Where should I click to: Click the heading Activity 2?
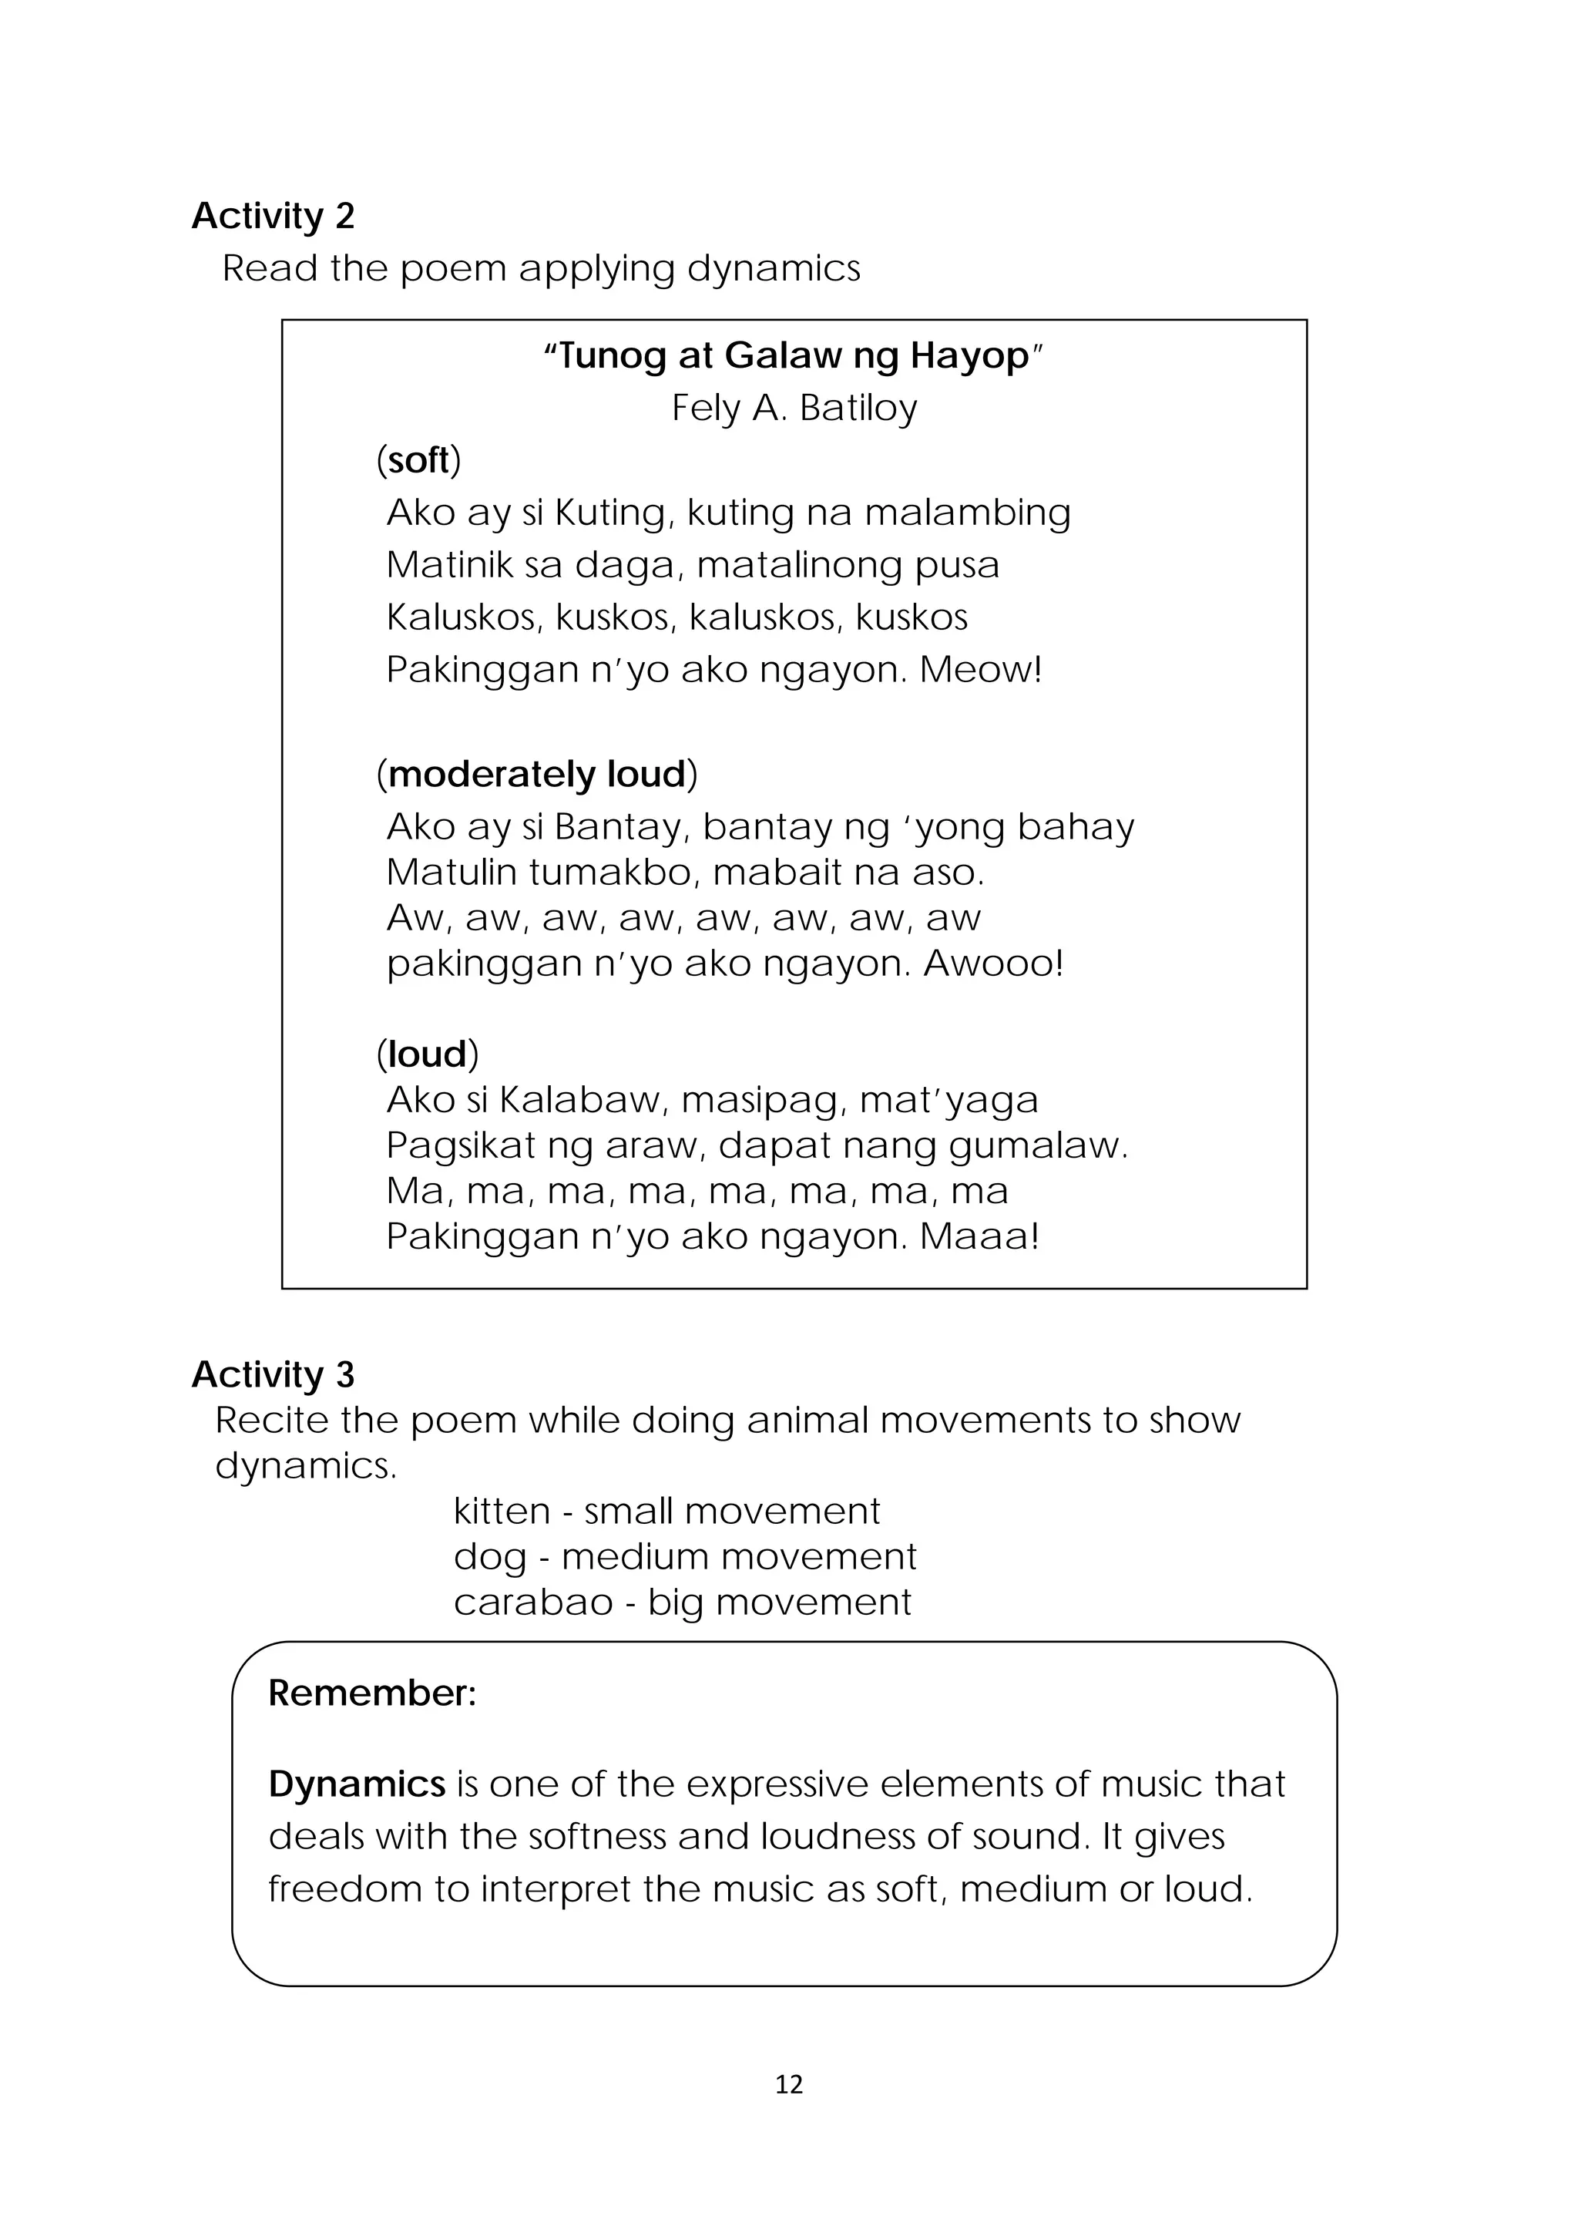pos(274,216)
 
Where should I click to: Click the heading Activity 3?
pos(274,1374)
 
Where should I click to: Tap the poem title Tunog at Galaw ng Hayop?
pos(794,356)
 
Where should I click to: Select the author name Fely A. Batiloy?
pos(794,408)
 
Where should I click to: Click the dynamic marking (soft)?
pos(419,460)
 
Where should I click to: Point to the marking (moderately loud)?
pos(537,774)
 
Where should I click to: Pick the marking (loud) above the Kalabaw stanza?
pos(428,1054)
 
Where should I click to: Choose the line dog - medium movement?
pos(684,1557)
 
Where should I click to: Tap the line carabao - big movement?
pos(682,1602)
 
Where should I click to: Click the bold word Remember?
pos(372,1693)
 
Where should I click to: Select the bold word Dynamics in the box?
pos(357,1784)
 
